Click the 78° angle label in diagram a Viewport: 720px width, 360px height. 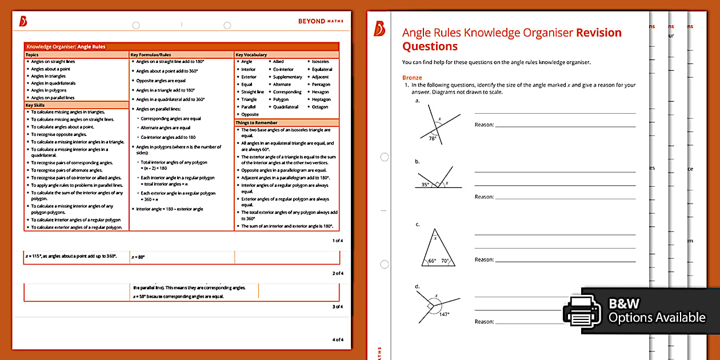point(433,138)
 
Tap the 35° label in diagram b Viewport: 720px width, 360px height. point(425,184)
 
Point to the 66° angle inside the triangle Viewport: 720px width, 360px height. point(432,261)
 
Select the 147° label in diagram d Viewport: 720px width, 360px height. point(444,314)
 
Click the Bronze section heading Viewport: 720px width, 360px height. point(412,78)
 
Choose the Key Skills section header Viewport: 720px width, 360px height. point(35,105)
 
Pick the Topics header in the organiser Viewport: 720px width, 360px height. point(32,55)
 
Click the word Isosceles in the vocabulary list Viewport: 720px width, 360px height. point(320,62)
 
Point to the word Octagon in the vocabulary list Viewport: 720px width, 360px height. point(320,107)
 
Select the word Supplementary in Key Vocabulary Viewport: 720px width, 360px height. point(287,77)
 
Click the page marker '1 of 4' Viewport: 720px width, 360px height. point(338,241)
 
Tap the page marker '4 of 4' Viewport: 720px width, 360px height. point(338,340)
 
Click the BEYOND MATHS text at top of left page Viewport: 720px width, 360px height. point(321,22)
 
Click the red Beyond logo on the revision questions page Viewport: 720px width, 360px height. point(379,29)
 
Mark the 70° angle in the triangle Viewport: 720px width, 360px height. point(446,261)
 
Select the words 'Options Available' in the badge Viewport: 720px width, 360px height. point(657,318)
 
